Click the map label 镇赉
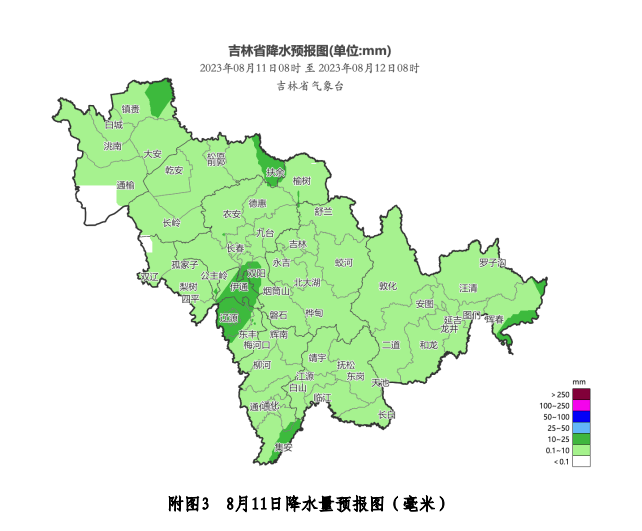coord(131,109)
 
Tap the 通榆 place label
coord(126,185)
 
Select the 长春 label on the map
coord(235,248)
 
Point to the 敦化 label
coord(388,286)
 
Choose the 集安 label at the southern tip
coord(283,447)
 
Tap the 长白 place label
coord(387,414)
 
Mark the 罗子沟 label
coord(492,263)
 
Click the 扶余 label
coord(275,172)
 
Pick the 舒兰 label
coord(323,211)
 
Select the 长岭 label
coord(172,222)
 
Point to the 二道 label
coord(391,345)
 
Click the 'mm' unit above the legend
coord(579,382)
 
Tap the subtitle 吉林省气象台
coord(310,87)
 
